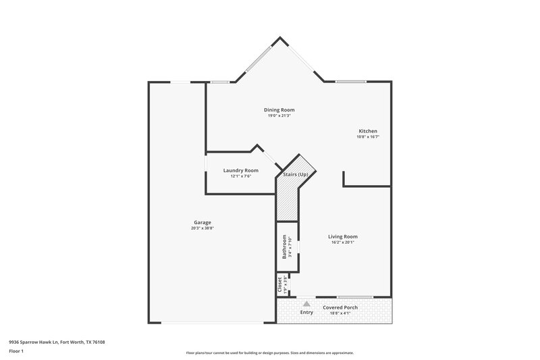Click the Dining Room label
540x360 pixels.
coord(279,109)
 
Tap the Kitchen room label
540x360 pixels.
coord(368,131)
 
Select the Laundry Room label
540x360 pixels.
coord(241,170)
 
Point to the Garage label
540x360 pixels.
coord(202,222)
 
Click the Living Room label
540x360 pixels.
coord(343,236)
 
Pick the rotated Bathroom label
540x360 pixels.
coord(284,247)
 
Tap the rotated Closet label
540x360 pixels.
coord(279,284)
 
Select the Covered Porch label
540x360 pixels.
coord(340,307)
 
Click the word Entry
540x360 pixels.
coord(306,312)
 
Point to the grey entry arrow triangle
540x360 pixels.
coord(306,304)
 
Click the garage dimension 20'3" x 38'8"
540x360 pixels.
coord(202,228)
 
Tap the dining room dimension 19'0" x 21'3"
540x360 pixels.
coord(279,115)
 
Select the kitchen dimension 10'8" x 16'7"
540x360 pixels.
coord(368,137)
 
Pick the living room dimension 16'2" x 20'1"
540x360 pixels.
coord(343,242)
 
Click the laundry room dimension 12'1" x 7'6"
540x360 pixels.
coord(241,176)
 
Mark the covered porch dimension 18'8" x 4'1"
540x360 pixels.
coord(340,313)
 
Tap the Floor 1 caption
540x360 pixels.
coord(17,352)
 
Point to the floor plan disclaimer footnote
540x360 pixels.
coord(270,353)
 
